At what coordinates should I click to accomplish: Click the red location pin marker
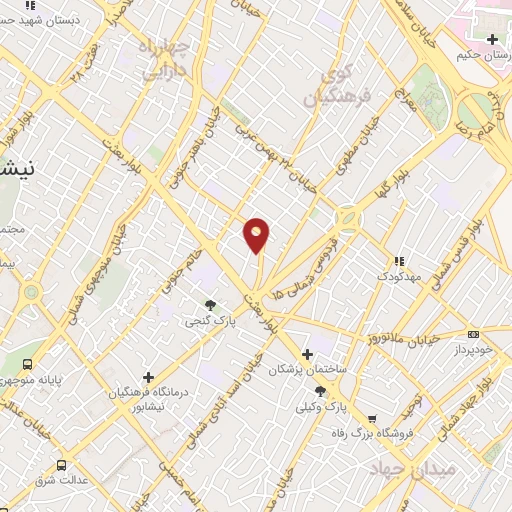tap(257, 234)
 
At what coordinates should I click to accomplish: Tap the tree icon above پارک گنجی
tap(210, 305)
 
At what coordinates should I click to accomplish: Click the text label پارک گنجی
tap(204, 322)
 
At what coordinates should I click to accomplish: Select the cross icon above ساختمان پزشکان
tap(307, 353)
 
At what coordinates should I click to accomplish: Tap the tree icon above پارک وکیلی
tap(318, 391)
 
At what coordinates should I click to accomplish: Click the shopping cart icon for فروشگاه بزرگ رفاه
tap(372, 419)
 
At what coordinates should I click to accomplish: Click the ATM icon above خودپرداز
tap(473, 335)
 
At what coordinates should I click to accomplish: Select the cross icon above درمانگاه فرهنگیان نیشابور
tap(148, 377)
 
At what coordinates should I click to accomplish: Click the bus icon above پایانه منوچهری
tap(26, 365)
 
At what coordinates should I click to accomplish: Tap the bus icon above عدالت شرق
tap(62, 465)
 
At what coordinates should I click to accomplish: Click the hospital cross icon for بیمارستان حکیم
tap(491, 40)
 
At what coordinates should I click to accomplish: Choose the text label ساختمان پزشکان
tap(306, 370)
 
